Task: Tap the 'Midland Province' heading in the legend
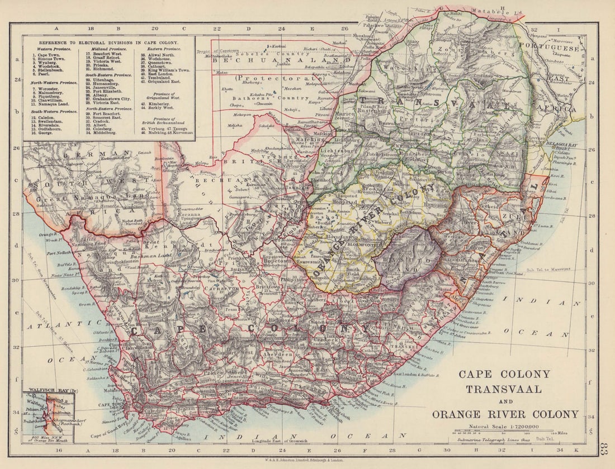point(105,50)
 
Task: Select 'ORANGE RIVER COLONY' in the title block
point(505,414)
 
